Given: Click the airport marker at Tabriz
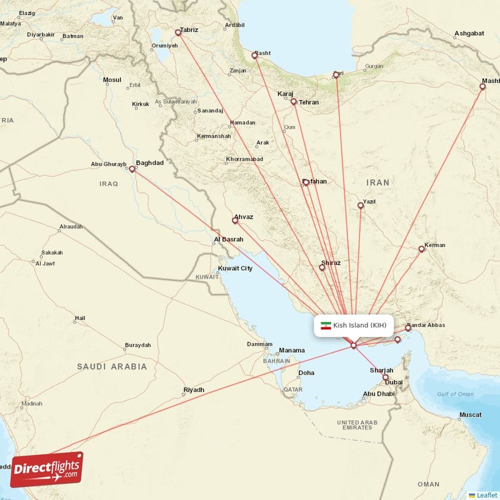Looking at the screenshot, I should [178, 32].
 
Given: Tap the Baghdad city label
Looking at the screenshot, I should [149, 163].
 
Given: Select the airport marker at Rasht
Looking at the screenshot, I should [254, 56].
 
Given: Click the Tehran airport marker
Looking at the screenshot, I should [293, 101].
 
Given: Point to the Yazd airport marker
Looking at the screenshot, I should [361, 205].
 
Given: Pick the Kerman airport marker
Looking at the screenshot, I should [421, 249].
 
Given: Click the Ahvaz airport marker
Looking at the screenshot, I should [235, 220].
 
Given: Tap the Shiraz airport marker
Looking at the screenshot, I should [322, 267].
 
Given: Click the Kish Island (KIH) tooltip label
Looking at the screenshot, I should [360, 325].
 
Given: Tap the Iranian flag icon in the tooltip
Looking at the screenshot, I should [325, 326].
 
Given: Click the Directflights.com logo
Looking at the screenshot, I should [47, 469].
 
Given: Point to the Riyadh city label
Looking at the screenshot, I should [193, 390].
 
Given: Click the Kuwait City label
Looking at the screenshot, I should [235, 269].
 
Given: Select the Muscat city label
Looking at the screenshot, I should [470, 415].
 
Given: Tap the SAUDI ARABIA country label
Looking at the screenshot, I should [112, 367].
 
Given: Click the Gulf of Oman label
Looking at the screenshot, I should [455, 394].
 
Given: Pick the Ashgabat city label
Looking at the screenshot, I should [470, 32].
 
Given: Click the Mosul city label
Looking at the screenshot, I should [112, 80].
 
